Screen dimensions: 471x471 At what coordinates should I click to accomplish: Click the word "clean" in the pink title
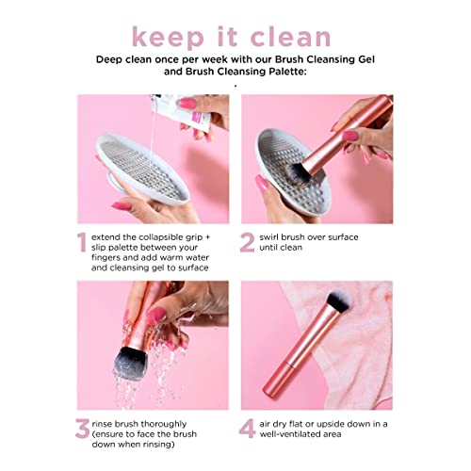[284, 38]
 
